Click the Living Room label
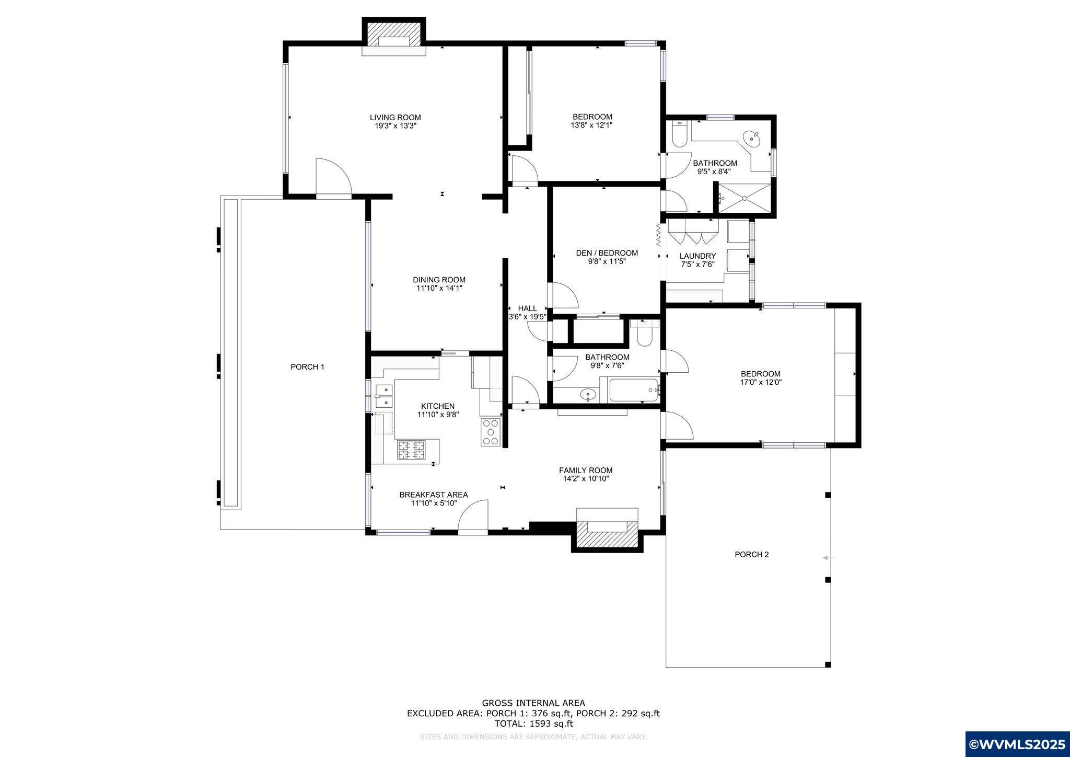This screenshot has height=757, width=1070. pos(395,118)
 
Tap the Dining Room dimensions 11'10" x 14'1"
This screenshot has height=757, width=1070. pos(439,288)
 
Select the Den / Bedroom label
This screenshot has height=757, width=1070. pos(607,253)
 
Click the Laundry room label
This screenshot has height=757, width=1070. pos(697,256)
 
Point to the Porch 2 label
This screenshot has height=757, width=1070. pos(751,555)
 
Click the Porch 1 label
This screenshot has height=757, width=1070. pos(307,367)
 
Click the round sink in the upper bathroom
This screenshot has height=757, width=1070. pos(753,139)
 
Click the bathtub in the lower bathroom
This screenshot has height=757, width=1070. pos(634,390)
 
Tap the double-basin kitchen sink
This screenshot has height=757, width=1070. pos(384,395)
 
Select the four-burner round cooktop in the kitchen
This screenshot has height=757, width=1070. pos(491,432)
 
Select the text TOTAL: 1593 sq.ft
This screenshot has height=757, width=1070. pos(533,724)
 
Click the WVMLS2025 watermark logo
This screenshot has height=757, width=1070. pos(1016,744)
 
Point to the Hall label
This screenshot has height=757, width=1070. pos(527,308)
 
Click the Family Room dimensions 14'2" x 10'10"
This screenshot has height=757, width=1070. pos(585,479)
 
